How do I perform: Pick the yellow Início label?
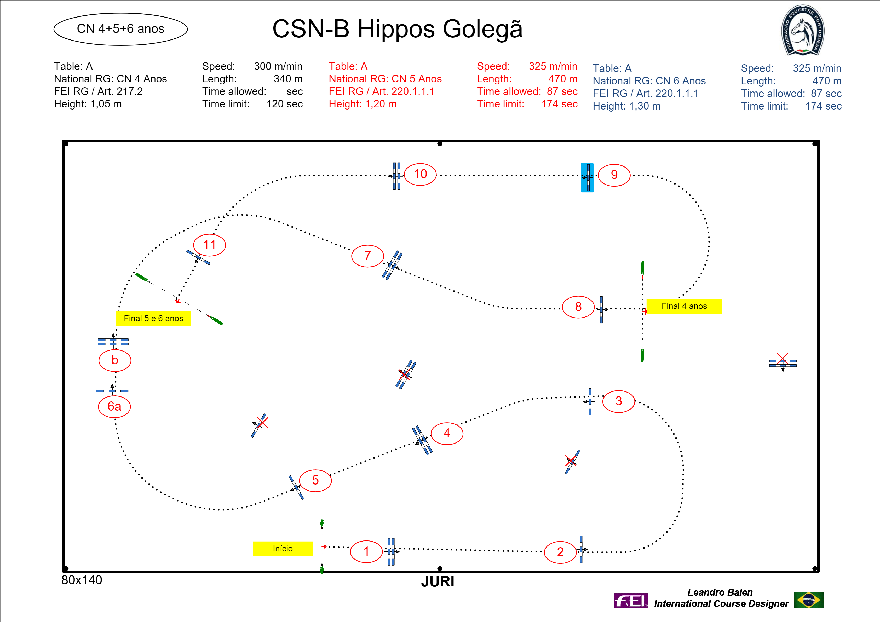click(x=283, y=548)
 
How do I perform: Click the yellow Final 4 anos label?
click(x=684, y=306)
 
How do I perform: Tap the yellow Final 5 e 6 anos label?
click(x=153, y=319)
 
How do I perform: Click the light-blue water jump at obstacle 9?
click(x=587, y=178)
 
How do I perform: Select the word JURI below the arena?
click(x=438, y=582)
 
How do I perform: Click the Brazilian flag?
click(x=809, y=600)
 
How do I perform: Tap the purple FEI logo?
click(x=630, y=601)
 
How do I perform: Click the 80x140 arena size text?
click(x=82, y=580)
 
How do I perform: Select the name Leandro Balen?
click(x=720, y=592)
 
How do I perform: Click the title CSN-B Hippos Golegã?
click(x=398, y=29)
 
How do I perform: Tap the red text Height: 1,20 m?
click(x=363, y=104)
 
